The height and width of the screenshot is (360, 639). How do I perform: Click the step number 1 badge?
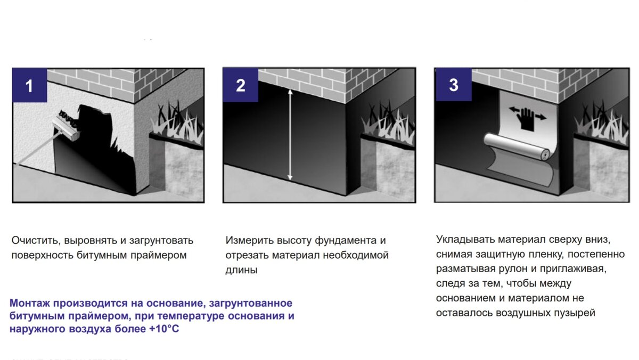click(x=30, y=85)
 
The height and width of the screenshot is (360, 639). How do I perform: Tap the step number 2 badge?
click(x=241, y=85)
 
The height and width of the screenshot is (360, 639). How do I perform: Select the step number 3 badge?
click(x=454, y=85)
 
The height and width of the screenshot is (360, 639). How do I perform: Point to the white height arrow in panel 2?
click(x=290, y=135)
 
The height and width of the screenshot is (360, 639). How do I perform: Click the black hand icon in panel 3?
click(x=527, y=119)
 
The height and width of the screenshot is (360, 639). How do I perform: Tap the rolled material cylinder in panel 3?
click(x=517, y=147)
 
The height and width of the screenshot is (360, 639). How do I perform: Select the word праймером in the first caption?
click(x=159, y=255)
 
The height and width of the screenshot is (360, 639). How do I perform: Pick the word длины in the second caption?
click(x=241, y=270)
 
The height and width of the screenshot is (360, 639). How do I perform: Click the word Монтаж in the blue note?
click(x=30, y=303)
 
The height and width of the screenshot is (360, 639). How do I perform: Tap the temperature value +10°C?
click(x=164, y=329)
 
